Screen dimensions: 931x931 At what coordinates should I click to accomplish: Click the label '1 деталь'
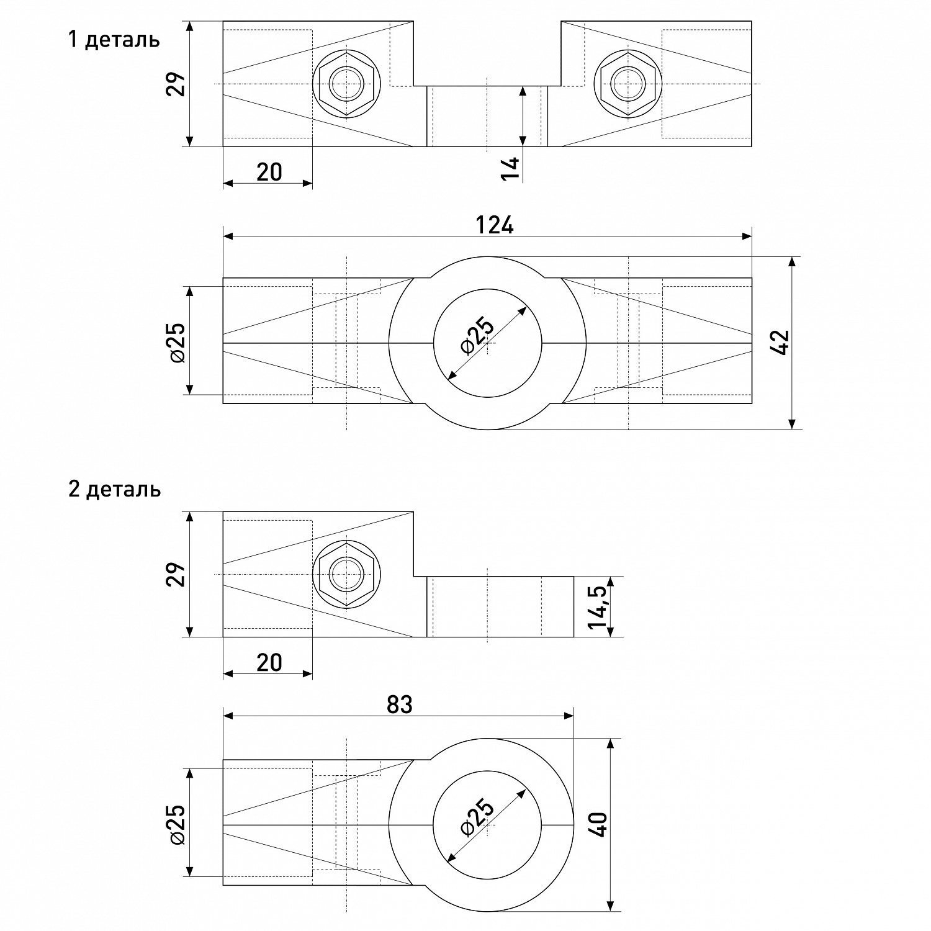[x=114, y=40]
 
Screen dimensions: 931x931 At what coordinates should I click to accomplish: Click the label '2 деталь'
[x=115, y=489]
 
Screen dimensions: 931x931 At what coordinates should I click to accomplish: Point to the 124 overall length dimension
[x=494, y=225]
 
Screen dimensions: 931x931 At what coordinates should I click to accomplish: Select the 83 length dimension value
[x=399, y=704]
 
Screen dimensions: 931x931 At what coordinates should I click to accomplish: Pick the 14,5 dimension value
[x=600, y=606]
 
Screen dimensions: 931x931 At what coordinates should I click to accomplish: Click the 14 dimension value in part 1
[x=510, y=168]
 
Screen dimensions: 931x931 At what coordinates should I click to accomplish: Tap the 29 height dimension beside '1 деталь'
[x=177, y=84]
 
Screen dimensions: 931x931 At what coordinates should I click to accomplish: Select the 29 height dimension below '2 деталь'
[x=177, y=574]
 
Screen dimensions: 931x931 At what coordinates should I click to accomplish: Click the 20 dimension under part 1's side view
[x=269, y=172]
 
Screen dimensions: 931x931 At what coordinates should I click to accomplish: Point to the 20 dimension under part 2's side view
[x=269, y=663]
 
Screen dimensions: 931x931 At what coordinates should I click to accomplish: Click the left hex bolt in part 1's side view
[x=346, y=84]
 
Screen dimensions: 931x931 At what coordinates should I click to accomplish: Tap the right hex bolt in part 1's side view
[x=627, y=84]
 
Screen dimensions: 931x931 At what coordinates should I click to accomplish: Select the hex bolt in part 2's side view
[x=346, y=574]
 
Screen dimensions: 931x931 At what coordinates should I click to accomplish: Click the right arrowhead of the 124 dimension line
[x=747, y=236]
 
